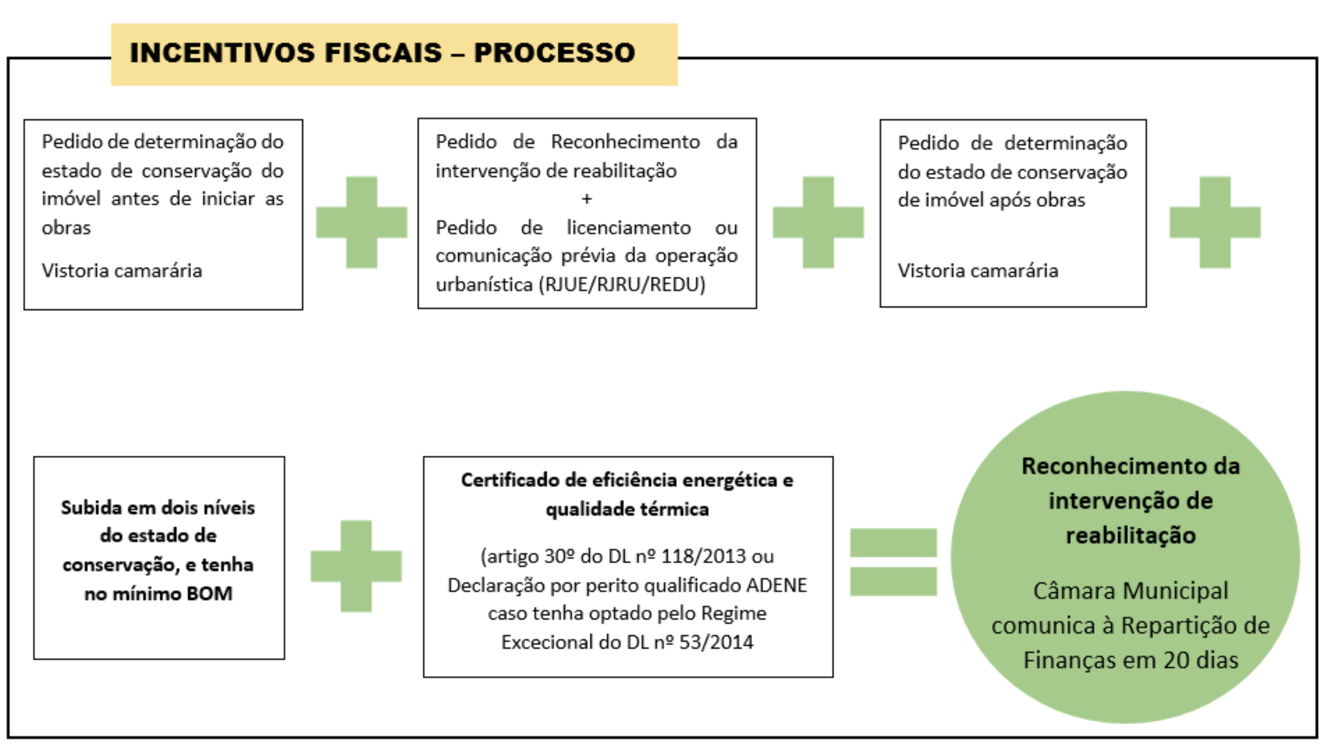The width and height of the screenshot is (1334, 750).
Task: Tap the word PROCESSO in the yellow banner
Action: coord(554,53)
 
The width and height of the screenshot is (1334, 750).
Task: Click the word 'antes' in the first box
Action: coord(135,199)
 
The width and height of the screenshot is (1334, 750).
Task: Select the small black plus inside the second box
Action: coord(586,199)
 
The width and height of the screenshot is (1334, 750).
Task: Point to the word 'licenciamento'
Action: coord(628,228)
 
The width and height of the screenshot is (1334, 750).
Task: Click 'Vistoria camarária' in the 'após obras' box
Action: coord(977,270)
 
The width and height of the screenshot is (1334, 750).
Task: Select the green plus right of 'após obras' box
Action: coord(1215,222)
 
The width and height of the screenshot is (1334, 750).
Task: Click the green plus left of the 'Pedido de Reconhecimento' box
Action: coord(361,222)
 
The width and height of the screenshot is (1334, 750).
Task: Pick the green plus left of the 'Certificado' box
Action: coord(356,566)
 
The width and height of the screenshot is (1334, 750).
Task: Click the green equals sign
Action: coord(893,562)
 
